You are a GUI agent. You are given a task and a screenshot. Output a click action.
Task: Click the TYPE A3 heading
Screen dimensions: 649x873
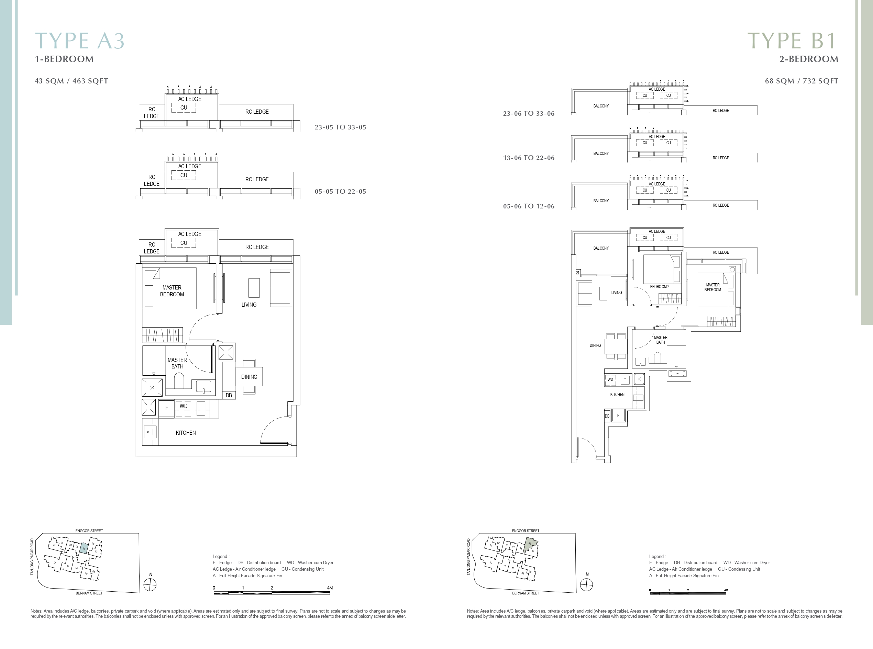click(x=80, y=41)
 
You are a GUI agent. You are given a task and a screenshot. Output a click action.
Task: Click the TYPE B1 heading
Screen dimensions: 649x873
click(x=792, y=41)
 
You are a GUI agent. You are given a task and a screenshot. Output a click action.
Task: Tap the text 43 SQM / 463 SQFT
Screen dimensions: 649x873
click(x=71, y=81)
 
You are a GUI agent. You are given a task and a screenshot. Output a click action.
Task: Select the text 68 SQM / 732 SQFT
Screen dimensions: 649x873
click(x=802, y=81)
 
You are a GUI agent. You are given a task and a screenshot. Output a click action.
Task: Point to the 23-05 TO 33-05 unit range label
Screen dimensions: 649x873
click(x=340, y=127)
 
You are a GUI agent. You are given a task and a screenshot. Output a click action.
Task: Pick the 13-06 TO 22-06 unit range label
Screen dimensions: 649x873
click(x=529, y=158)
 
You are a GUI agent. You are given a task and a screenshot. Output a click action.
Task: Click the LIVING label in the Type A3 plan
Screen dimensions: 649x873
click(x=249, y=305)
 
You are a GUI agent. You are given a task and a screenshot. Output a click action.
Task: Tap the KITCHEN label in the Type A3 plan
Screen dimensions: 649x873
click(x=186, y=433)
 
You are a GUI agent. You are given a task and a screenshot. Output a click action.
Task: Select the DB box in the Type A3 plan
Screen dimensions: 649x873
click(x=229, y=396)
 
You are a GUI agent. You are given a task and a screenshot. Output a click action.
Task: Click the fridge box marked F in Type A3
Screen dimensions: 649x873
click(x=167, y=408)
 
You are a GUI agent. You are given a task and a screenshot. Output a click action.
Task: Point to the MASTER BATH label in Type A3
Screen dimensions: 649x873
click(x=177, y=363)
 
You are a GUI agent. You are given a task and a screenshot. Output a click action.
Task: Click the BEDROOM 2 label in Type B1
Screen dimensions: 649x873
click(x=660, y=287)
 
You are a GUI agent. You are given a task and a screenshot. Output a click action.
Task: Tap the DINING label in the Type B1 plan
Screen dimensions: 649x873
click(x=595, y=346)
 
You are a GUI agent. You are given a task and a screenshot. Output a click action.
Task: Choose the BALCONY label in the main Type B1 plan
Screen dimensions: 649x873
click(x=601, y=248)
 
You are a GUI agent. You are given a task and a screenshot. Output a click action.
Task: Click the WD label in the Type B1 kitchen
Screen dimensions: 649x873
click(x=610, y=379)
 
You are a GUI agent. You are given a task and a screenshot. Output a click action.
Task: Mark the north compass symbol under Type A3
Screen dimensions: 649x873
click(x=150, y=585)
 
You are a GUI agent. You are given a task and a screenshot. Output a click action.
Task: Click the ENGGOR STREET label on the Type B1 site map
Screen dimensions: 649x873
click(x=526, y=531)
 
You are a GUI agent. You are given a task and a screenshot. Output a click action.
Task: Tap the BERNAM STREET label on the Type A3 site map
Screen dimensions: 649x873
click(x=89, y=593)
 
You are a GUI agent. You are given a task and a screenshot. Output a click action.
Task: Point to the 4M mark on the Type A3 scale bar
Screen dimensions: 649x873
click(x=330, y=588)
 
